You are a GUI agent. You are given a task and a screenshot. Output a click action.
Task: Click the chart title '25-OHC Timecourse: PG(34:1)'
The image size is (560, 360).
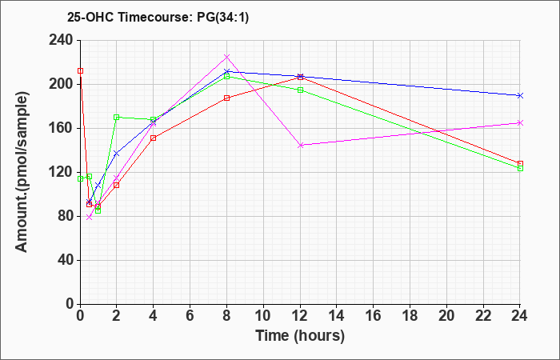(158, 18)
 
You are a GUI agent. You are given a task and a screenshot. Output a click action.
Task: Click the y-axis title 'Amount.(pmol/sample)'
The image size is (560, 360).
(22, 172)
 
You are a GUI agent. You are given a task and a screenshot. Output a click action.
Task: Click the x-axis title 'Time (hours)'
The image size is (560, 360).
(300, 336)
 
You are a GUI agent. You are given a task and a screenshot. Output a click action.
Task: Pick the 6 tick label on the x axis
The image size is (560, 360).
(190, 315)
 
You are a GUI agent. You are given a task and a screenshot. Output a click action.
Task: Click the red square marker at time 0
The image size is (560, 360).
(80, 70)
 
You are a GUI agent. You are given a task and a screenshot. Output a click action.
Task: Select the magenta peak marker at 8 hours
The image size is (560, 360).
(226, 57)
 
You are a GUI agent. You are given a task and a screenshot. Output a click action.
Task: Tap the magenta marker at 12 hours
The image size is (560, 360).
(300, 145)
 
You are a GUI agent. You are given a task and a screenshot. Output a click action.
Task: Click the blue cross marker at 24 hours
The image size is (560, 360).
(520, 95)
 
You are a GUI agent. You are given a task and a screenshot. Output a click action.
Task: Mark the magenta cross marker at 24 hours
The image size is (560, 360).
(520, 122)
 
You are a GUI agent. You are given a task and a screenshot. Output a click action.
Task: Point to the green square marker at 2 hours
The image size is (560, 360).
(117, 117)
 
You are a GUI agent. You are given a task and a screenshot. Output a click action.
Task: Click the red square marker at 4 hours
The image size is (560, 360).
(154, 138)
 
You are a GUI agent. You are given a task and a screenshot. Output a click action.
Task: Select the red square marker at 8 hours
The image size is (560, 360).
(226, 98)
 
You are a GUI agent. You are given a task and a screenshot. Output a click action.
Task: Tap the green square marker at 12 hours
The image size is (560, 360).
(300, 90)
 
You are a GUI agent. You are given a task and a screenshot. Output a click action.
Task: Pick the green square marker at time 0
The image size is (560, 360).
(80, 178)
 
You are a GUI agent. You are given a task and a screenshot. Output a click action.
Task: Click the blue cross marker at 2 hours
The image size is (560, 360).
(117, 154)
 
